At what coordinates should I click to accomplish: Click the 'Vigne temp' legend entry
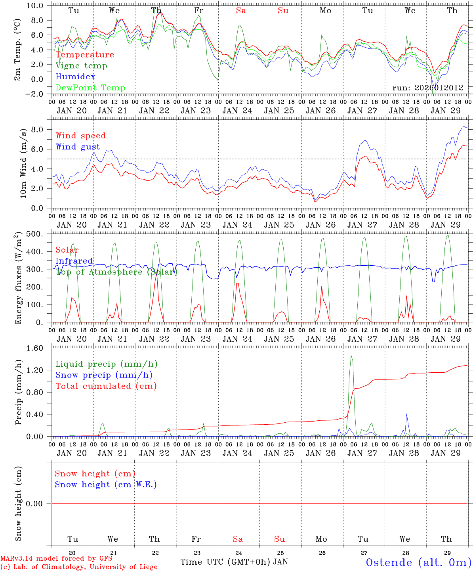pyautogui.click(x=81, y=66)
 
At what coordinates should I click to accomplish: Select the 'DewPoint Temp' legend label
pyautogui.click(x=90, y=88)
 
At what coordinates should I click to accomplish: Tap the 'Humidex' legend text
pyautogui.click(x=75, y=77)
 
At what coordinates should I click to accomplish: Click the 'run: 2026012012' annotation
pyautogui.click(x=428, y=88)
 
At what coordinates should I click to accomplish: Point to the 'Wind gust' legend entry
pyautogui.click(x=78, y=147)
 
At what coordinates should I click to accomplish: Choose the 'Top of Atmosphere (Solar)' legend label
pyautogui.click(x=116, y=272)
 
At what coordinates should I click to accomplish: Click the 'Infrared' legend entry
pyautogui.click(x=74, y=261)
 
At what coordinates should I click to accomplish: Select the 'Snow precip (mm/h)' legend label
pyautogui.click(x=104, y=375)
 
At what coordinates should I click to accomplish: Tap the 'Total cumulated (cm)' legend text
pyautogui.click(x=106, y=386)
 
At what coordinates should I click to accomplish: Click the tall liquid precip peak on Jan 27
pyautogui.click(x=351, y=356)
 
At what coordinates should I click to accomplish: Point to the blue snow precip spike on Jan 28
pyautogui.click(x=406, y=414)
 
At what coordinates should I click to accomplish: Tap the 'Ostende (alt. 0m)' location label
pyautogui.click(x=418, y=562)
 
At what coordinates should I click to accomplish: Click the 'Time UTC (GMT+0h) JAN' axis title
pyautogui.click(x=234, y=562)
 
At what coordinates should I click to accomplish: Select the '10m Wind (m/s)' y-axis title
pyautogui.click(x=24, y=163)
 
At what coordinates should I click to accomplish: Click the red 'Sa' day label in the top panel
pyautogui.click(x=241, y=11)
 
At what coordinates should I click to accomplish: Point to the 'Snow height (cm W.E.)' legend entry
pyautogui.click(x=106, y=485)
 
